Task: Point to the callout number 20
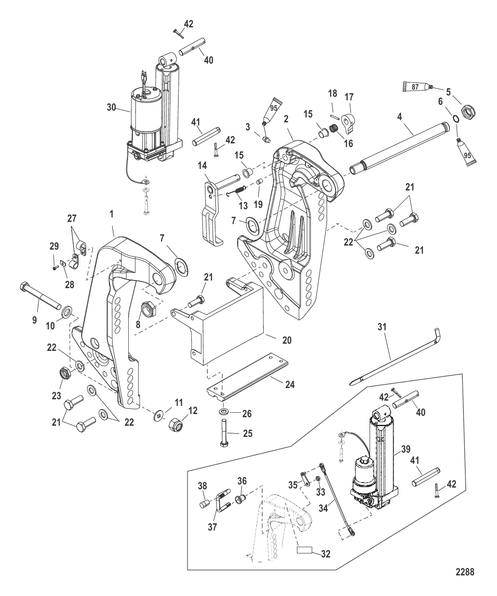(x=287, y=340)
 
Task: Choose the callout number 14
(x=202, y=166)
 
